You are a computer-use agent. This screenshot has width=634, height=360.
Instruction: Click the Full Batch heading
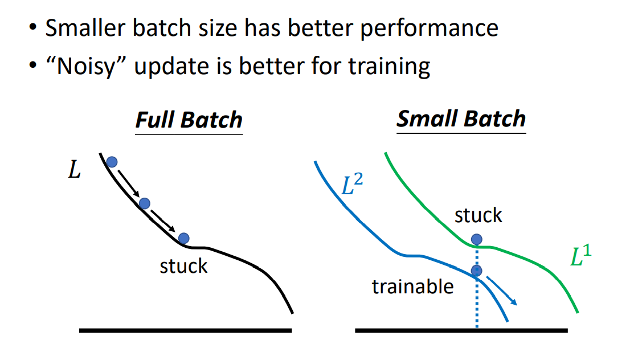coord(189,120)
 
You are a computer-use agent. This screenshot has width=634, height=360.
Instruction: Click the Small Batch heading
coord(461,119)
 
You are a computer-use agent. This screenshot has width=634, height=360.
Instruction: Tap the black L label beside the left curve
coord(75,170)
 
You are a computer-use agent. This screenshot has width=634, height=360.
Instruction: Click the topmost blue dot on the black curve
coord(112,162)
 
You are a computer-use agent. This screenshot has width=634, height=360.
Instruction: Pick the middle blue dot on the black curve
coord(144,203)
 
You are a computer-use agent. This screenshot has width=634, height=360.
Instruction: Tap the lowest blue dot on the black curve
coord(183,238)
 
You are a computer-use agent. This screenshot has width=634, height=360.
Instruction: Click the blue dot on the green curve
coord(477,239)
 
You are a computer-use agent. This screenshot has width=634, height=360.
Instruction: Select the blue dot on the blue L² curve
coord(477,271)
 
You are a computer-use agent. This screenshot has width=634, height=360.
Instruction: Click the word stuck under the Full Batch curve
coord(183,266)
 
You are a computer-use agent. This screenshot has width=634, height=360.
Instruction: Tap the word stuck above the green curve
coord(478,215)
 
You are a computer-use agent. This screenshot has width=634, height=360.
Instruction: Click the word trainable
coord(413,287)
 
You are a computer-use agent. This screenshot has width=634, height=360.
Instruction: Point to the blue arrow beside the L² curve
coord(502,291)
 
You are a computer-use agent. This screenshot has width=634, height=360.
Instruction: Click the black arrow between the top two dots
coord(129,183)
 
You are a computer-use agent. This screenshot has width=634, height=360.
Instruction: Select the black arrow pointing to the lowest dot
coord(163,220)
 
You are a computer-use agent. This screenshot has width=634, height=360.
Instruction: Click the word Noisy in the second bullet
coord(85,66)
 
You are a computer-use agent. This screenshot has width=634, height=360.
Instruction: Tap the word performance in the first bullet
coord(430,28)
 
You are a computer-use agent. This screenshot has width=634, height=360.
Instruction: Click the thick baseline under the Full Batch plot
coord(186,330)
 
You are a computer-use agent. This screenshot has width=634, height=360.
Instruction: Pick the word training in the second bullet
coord(390,67)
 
